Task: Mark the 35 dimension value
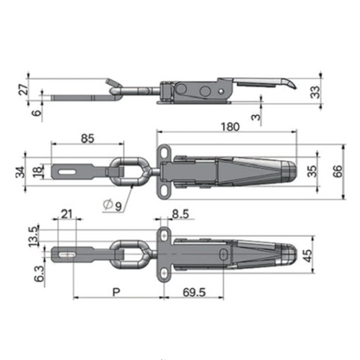point(314,170)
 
